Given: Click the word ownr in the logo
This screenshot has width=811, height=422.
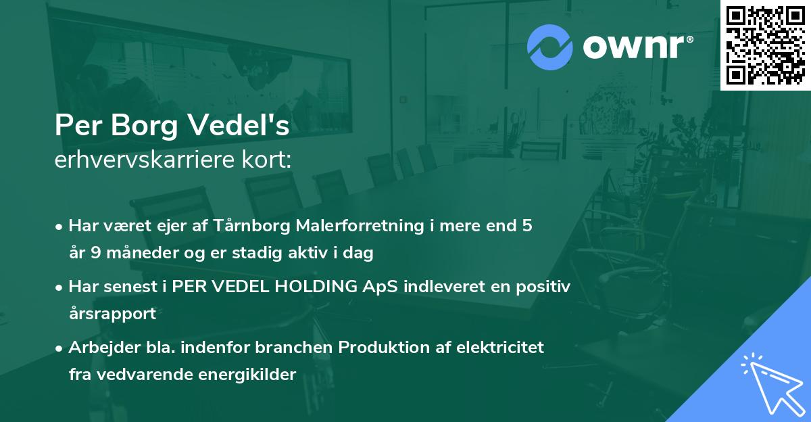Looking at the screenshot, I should coord(636,46).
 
